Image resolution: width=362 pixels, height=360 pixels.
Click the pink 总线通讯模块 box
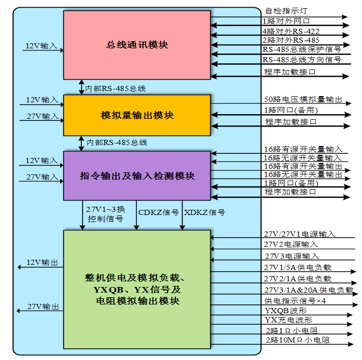click(136, 45)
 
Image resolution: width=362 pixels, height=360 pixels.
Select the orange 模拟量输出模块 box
click(136, 115)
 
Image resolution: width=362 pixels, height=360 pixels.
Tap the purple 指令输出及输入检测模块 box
click(136, 176)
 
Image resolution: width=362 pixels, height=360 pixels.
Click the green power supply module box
click(136, 289)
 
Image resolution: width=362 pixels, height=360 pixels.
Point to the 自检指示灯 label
click(286, 10)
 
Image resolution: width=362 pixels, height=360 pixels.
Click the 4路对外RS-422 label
click(291, 31)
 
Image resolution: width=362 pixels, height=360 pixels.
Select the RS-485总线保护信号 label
click(301, 50)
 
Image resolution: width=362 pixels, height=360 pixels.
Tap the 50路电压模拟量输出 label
click(303, 99)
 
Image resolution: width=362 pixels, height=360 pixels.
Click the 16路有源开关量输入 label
click(303, 149)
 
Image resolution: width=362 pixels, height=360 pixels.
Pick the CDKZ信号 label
click(158, 212)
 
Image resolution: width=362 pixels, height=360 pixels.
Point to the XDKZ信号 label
click(204, 212)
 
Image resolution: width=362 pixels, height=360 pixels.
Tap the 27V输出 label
click(43, 307)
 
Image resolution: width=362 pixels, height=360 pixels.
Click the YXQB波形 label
click(285, 311)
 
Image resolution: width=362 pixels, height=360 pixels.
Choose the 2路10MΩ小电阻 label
click(297, 340)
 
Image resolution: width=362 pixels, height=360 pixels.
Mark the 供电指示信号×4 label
click(295, 301)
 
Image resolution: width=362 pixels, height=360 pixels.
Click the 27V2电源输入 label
click(291, 244)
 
